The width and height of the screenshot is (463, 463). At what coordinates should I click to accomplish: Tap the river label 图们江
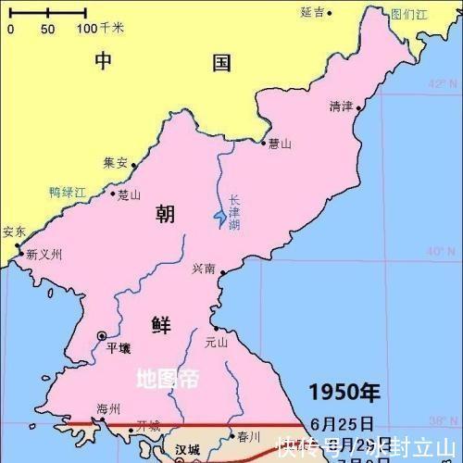[408, 14]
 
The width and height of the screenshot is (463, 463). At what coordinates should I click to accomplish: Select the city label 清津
[341, 106]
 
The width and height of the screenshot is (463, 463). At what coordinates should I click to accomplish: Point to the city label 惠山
[280, 144]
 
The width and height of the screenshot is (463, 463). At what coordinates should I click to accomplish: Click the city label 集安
[115, 161]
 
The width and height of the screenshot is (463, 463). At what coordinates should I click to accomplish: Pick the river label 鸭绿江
[68, 193]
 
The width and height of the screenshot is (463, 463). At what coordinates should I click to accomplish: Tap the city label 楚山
[129, 194]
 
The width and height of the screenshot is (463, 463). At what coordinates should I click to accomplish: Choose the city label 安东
[14, 231]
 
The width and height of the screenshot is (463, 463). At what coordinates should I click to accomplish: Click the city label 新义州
[44, 255]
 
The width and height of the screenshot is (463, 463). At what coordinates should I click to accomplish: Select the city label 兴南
[204, 269]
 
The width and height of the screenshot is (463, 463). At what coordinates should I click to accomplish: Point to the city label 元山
[216, 341]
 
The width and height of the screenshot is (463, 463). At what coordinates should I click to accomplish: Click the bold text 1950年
[344, 392]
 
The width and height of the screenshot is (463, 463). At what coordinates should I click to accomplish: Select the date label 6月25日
[343, 423]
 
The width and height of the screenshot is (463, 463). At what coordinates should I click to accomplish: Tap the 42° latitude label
[436, 84]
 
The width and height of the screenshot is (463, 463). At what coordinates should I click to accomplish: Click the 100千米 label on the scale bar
[100, 29]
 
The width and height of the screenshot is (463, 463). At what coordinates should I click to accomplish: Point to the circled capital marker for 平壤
[101, 335]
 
